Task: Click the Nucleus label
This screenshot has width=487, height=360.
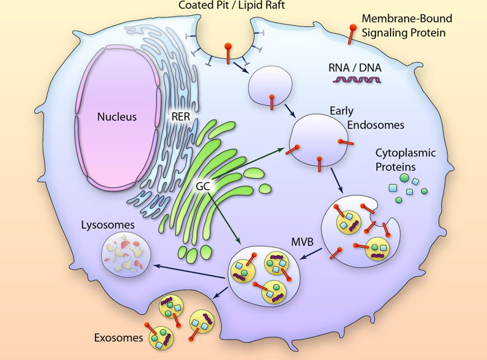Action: (117, 116)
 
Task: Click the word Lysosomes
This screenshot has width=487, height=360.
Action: (108, 225)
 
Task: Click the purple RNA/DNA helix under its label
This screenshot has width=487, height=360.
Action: (356, 80)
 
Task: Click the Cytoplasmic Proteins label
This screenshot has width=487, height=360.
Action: (405, 160)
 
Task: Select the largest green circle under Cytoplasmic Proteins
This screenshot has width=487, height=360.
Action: (404, 177)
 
